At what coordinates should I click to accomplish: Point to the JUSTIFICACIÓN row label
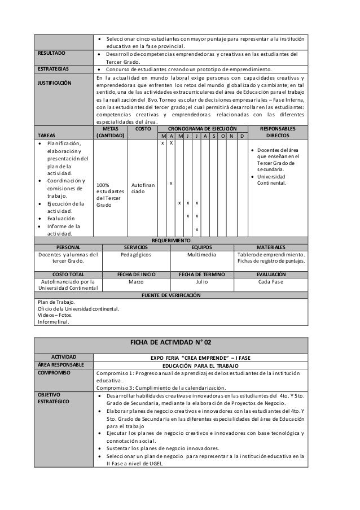[55, 82]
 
